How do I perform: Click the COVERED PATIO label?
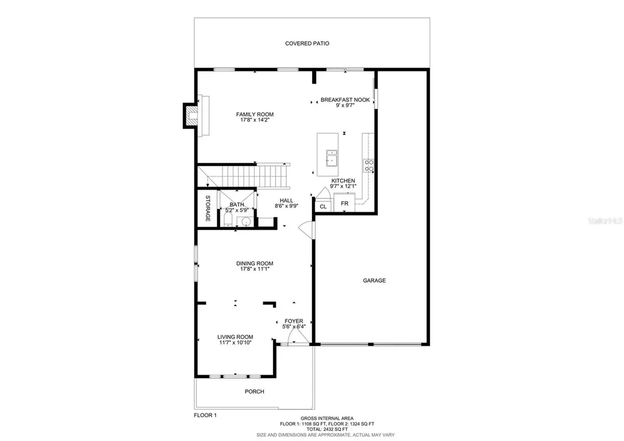coord(307,43)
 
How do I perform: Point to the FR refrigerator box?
coord(344,203)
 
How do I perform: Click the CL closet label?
coord(323,207)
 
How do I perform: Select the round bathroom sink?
coord(246,221)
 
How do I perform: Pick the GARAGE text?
coord(374,281)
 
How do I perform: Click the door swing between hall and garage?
coord(307,231)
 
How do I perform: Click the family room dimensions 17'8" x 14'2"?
coord(255,120)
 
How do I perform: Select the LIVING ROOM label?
coord(235,337)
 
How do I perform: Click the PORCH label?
coord(255,392)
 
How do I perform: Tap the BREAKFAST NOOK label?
coord(345,99)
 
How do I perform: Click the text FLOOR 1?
coord(204,415)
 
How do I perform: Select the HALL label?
coord(286,200)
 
